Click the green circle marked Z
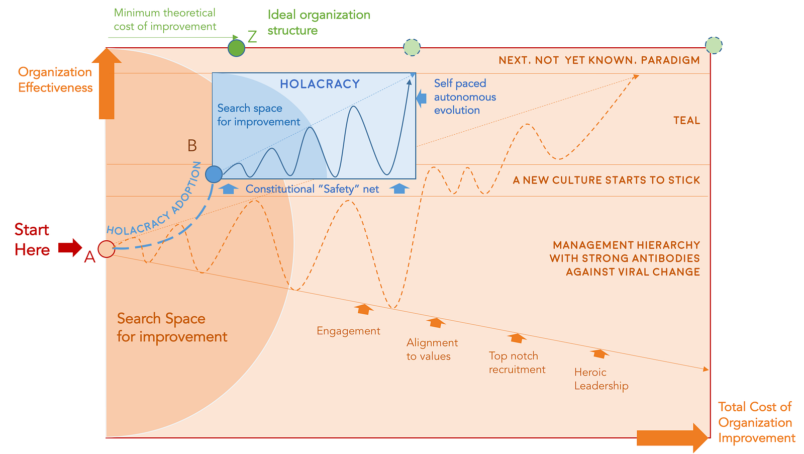(236, 48)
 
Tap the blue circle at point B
(214, 174)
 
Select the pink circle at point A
(106, 249)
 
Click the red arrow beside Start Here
(70, 247)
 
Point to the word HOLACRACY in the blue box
(320, 84)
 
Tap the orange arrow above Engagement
(364, 309)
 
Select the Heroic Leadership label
(601, 379)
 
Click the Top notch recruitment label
(517, 362)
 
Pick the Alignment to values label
(432, 349)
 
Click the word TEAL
(686, 121)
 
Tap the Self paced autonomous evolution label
(465, 97)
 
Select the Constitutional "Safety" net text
(312, 189)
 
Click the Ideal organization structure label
(319, 23)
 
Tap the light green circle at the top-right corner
(714, 46)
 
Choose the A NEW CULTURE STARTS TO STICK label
(606, 180)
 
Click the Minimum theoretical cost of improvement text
(165, 20)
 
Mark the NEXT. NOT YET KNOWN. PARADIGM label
(599, 60)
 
